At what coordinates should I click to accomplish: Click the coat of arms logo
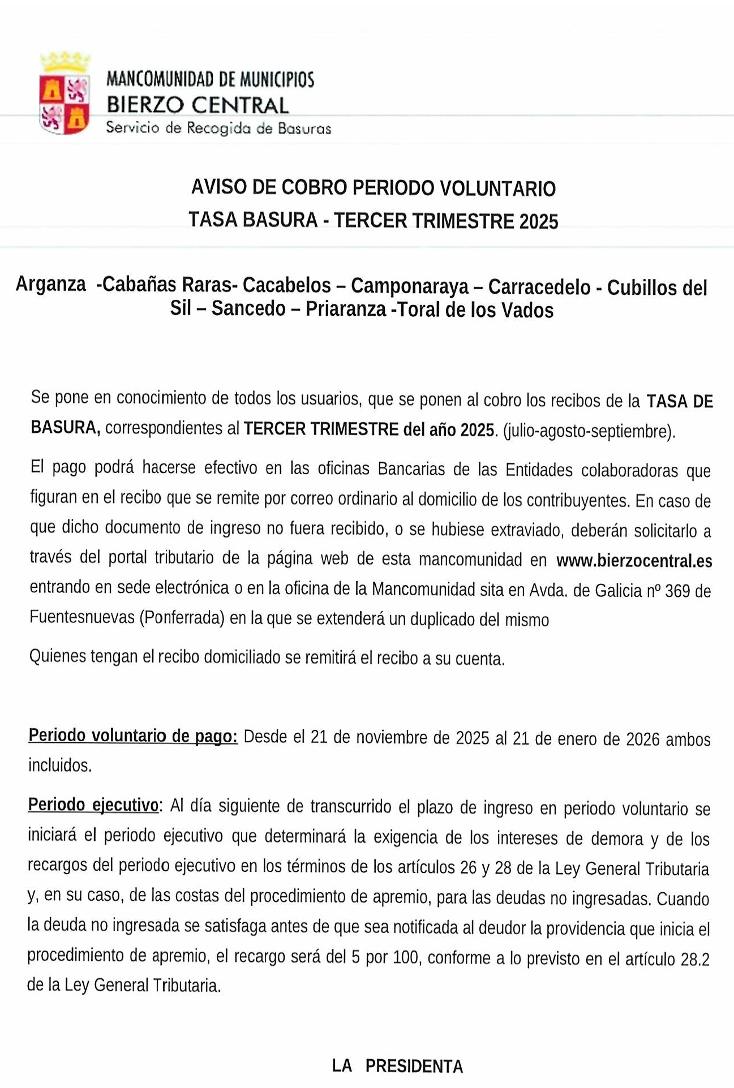pos(65,94)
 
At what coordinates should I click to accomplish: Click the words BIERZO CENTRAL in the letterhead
pos(198,105)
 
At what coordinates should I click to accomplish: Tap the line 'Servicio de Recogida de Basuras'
pos(218,128)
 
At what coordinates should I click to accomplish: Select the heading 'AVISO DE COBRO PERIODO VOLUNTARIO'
pos(374,188)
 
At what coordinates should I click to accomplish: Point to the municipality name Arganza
pos(51,284)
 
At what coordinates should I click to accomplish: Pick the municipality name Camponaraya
pos(410,286)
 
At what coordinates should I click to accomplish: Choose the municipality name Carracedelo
pos(539,287)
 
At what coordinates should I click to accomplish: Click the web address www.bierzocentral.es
pos(634,561)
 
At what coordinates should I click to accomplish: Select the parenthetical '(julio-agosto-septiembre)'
pos(589,431)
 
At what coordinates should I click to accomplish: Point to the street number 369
pos(677,591)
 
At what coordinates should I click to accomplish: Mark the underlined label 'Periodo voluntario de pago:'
pos(133,736)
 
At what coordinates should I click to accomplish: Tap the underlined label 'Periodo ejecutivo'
pos(93,805)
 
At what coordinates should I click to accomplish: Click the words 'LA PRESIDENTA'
pos(397,1067)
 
